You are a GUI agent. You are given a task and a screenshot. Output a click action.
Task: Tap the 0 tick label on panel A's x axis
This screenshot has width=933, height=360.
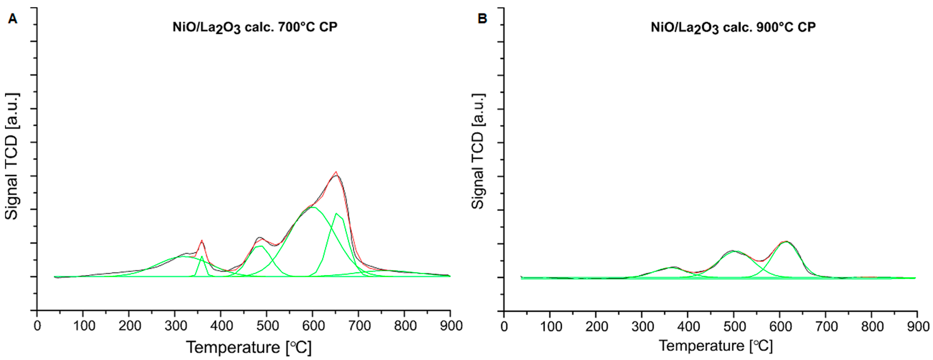click(37, 326)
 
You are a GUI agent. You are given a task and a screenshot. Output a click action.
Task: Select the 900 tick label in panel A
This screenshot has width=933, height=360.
click(450, 326)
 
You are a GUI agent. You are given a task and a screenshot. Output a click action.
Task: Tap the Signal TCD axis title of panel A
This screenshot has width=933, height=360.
click(12, 157)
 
